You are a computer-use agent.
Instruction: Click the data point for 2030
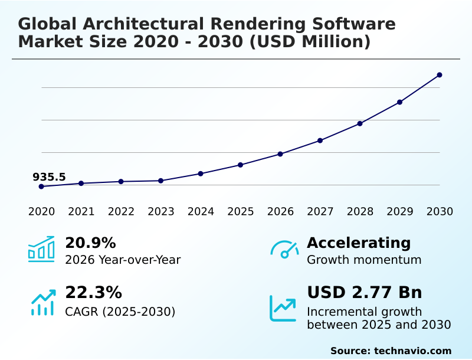tap(440, 75)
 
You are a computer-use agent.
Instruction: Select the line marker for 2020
tap(41, 186)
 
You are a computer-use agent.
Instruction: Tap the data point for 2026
tap(280, 154)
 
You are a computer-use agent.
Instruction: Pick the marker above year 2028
tap(360, 123)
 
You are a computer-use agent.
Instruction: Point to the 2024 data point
tap(201, 174)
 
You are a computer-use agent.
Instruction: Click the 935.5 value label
tap(49, 177)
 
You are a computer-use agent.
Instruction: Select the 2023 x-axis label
tap(161, 212)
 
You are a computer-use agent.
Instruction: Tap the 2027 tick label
tap(320, 212)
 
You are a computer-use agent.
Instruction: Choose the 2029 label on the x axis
tap(399, 212)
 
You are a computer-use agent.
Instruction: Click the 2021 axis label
tap(81, 212)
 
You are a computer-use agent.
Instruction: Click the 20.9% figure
tap(90, 243)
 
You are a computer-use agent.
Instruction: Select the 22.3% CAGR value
tap(93, 293)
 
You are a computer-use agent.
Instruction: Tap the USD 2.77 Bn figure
tap(365, 293)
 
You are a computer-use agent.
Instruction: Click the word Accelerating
tap(359, 243)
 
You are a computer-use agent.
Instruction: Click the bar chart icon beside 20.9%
tap(41, 249)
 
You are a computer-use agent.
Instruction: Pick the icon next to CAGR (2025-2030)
tap(42, 302)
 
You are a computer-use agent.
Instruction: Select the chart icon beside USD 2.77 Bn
tap(283, 308)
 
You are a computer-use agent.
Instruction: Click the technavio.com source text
tap(412, 351)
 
